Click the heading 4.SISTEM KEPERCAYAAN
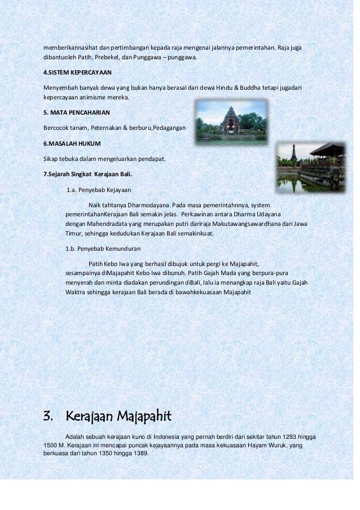(78, 73)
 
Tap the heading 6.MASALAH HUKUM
(72, 143)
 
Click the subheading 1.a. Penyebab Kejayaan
(100, 190)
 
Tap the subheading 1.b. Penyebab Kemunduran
(103, 248)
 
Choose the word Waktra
(77, 293)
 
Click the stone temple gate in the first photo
(231, 121)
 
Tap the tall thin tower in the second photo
(293, 153)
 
